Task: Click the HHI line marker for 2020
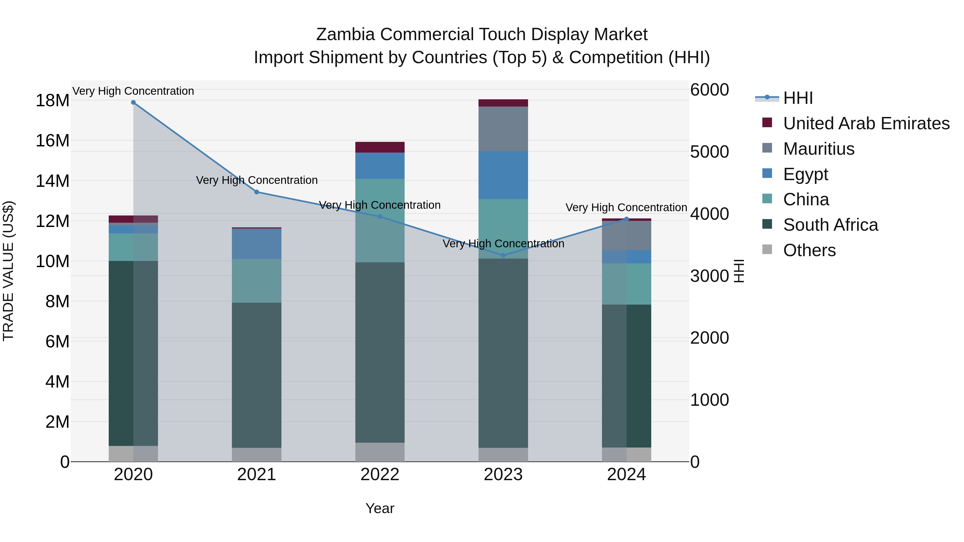click(133, 103)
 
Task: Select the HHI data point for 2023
click(503, 256)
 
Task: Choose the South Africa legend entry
click(830, 225)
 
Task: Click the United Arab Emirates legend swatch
click(767, 123)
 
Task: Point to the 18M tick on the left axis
click(52, 101)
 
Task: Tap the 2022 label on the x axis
click(380, 475)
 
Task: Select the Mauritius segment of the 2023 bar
click(503, 129)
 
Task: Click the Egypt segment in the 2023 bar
click(503, 175)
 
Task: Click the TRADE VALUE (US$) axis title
click(8, 271)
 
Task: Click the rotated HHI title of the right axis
click(739, 271)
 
